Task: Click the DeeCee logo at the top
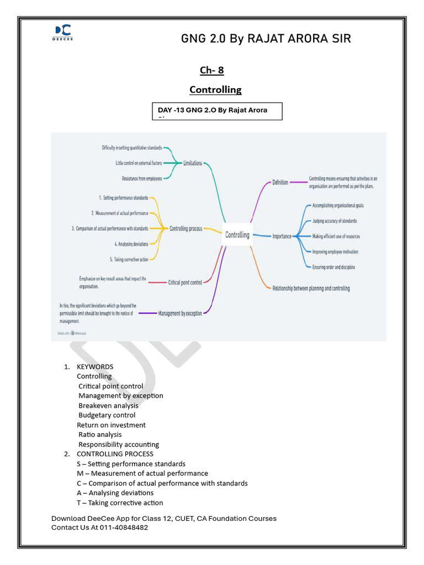point(63,33)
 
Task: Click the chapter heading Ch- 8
point(211,70)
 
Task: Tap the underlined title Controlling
point(215,89)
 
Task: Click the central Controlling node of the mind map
point(237,234)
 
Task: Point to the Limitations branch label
point(193,163)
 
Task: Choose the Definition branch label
point(280,182)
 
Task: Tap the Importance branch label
point(282,236)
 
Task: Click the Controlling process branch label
point(185,228)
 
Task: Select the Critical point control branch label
point(184,282)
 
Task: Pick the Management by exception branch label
point(180,313)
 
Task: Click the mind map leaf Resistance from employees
point(142,179)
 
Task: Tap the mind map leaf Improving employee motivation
point(335,252)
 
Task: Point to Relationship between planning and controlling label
point(311,288)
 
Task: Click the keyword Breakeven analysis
point(108,406)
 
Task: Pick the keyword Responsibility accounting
point(119,444)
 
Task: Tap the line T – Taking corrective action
point(120,503)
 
